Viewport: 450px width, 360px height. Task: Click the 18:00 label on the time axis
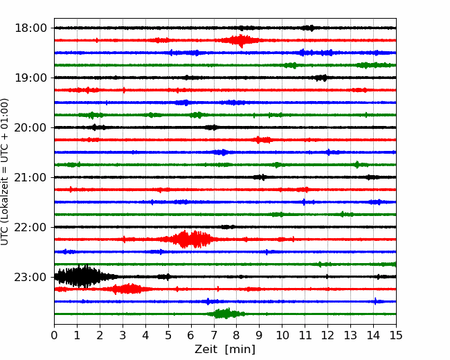pyautogui.click(x=30, y=28)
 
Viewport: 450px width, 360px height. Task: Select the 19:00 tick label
pyautogui.click(x=30, y=78)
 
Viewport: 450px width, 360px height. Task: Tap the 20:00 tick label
pyautogui.click(x=30, y=127)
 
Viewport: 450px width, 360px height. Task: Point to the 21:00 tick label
pyautogui.click(x=30, y=177)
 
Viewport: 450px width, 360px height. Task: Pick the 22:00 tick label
pyautogui.click(x=30, y=227)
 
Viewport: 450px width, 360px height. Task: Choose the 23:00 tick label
pyautogui.click(x=30, y=277)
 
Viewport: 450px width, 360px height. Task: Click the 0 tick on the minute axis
pyautogui.click(x=54, y=335)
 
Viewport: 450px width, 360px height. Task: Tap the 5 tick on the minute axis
pyautogui.click(x=168, y=335)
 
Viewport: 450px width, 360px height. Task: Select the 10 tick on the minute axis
pyautogui.click(x=282, y=335)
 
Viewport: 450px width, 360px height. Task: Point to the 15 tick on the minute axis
pyautogui.click(x=396, y=335)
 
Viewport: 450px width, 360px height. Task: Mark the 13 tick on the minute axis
pyautogui.click(x=350, y=335)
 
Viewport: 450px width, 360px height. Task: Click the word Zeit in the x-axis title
pyautogui.click(x=206, y=349)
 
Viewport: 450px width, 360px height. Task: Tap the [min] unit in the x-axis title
pyautogui.click(x=240, y=350)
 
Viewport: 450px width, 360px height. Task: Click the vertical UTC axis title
pyautogui.click(x=4, y=172)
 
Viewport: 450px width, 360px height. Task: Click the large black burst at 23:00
pyautogui.click(x=83, y=276)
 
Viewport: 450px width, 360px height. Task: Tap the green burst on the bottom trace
pyautogui.click(x=226, y=314)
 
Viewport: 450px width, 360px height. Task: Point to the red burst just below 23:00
pyautogui.click(x=126, y=289)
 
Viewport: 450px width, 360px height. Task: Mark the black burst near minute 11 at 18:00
pyautogui.click(x=309, y=28)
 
